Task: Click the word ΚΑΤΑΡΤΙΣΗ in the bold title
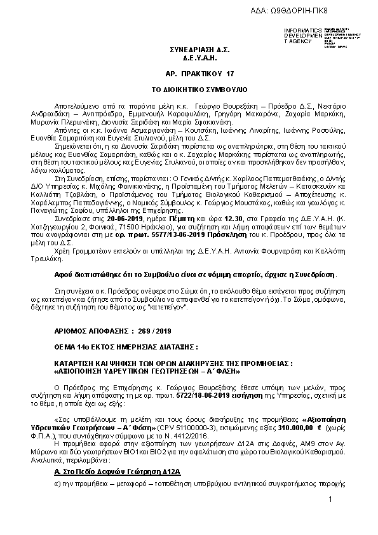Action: pos(77,363)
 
